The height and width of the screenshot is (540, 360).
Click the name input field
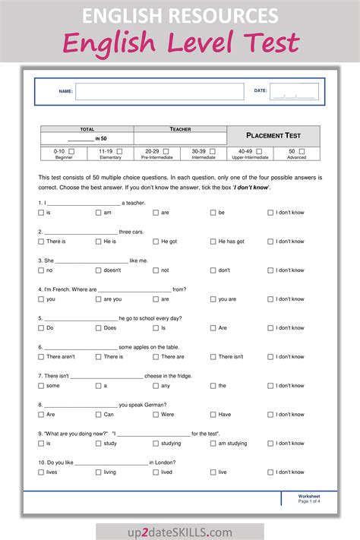[159, 91]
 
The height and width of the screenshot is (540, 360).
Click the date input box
[294, 91]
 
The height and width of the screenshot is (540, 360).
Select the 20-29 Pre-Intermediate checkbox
[166, 151]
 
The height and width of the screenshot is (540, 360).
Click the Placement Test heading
[273, 135]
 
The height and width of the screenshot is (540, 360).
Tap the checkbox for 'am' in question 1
[98, 213]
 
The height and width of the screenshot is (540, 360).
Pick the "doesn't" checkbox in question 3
[98, 270]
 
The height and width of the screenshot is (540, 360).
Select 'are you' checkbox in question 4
[98, 299]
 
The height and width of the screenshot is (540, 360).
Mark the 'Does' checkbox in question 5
[98, 328]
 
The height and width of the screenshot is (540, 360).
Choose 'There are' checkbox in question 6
[156, 357]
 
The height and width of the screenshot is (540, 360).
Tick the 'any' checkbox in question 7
[156, 386]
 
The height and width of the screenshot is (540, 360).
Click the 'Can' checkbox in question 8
[98, 415]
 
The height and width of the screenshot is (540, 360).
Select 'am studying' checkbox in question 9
[213, 444]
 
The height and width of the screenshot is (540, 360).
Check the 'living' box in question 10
[98, 472]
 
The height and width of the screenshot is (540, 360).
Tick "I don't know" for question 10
[270, 472]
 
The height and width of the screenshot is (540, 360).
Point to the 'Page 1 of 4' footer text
[309, 501]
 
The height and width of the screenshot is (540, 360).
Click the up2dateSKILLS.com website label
[180, 532]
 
